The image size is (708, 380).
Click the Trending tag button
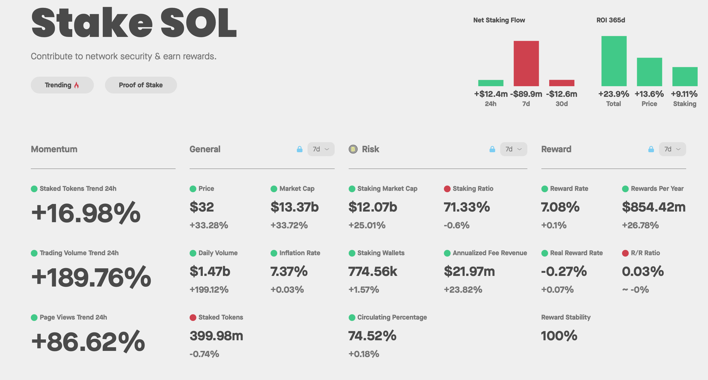[x=62, y=85]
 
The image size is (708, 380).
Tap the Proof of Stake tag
[x=141, y=85]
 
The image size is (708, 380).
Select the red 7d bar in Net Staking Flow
[x=526, y=63]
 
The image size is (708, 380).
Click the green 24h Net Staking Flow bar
[x=491, y=83]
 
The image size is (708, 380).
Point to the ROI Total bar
[x=614, y=61]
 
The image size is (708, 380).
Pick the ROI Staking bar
[x=685, y=76]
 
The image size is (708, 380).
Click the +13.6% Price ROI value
[x=649, y=94]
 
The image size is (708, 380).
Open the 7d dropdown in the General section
[x=321, y=149]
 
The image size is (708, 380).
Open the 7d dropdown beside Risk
[x=513, y=149]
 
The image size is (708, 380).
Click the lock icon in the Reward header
[x=651, y=149]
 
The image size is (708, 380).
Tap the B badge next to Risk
[x=353, y=149]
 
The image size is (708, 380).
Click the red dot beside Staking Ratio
[x=447, y=189]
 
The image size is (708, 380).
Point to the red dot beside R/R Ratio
[x=625, y=253]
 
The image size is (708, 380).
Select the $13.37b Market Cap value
[x=294, y=207]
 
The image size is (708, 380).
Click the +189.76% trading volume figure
[x=91, y=277]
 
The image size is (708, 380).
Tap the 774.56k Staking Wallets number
[x=372, y=271]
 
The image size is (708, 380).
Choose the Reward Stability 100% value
[x=559, y=336]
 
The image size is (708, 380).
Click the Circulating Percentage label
[x=392, y=317]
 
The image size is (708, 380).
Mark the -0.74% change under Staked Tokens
[x=204, y=354]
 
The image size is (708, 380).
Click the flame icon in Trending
[x=76, y=85]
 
